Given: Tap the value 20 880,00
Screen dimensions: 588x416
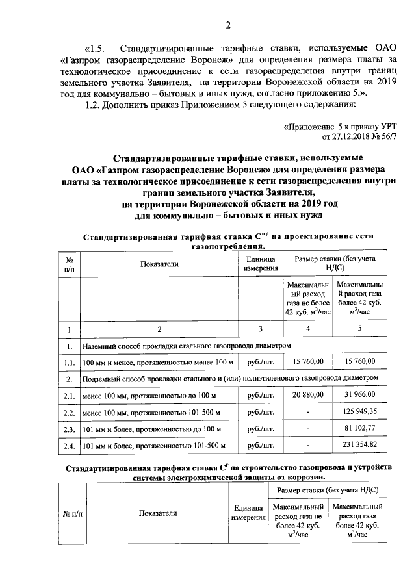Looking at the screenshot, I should click(308, 396).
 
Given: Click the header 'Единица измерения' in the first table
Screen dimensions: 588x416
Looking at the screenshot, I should click(260, 264).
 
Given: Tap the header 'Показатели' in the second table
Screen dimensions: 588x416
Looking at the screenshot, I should click(158, 513).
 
